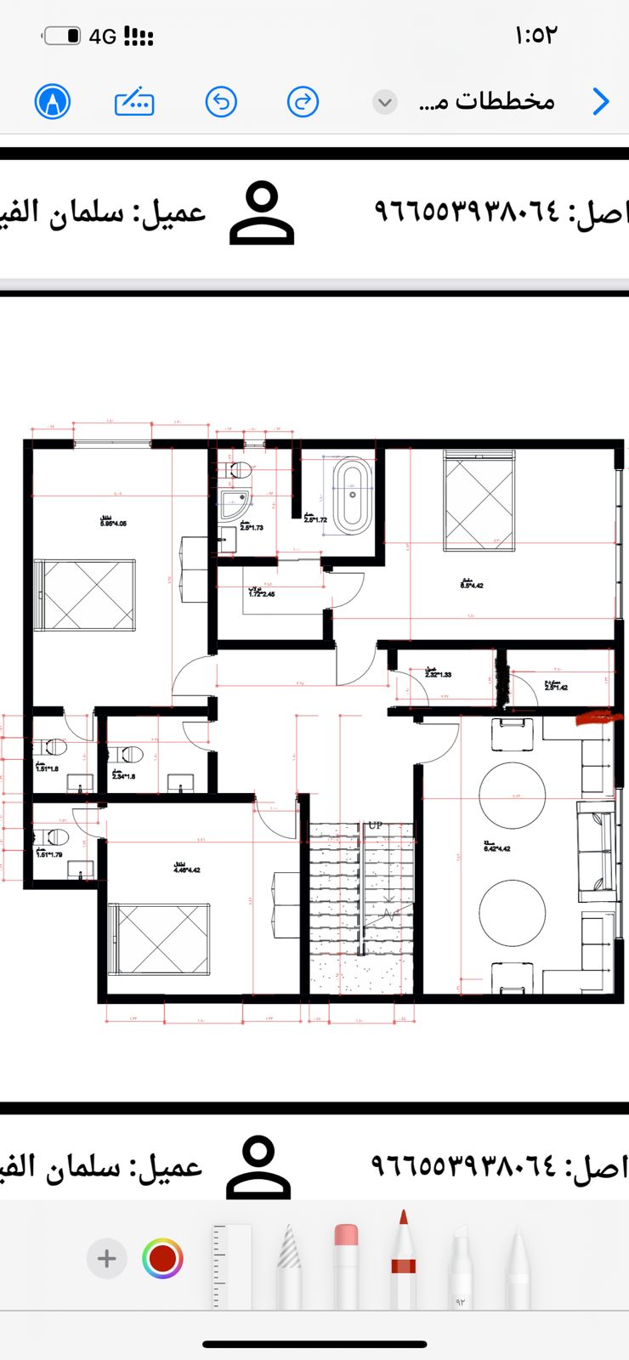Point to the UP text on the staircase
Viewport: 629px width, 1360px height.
(x=375, y=825)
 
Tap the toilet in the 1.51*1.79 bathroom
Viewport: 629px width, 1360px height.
(x=54, y=836)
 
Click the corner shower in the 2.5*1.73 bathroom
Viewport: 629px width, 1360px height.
(x=234, y=504)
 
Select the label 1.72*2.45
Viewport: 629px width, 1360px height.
(x=261, y=592)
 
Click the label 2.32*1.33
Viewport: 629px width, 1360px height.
(x=438, y=673)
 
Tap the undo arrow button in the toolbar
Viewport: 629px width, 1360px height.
(x=221, y=102)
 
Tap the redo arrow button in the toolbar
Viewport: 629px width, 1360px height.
(x=303, y=102)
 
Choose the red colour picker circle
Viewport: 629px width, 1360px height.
(x=162, y=1258)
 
